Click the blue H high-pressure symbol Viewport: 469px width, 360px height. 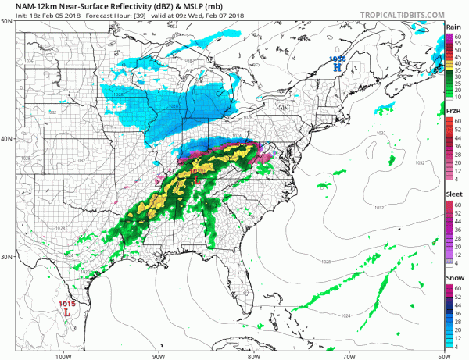coord(337,68)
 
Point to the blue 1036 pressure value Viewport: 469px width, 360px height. coord(337,59)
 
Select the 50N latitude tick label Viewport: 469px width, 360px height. coord(6,21)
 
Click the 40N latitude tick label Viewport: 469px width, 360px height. coord(6,139)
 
